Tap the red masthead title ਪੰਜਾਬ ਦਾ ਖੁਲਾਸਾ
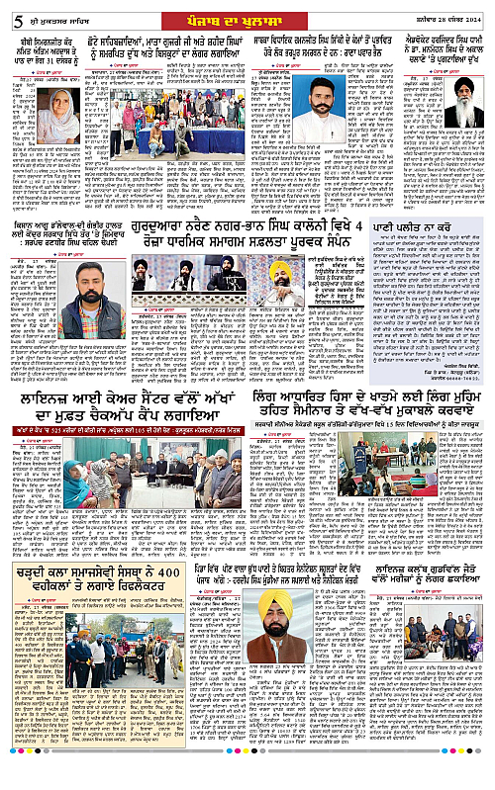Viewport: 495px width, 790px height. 246,12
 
